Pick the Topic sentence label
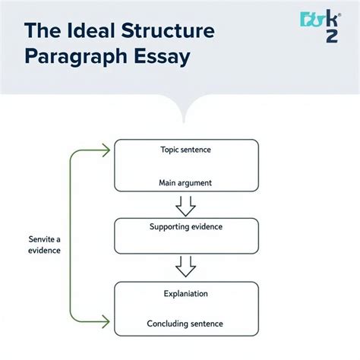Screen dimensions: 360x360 pos(185,150)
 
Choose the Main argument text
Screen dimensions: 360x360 pos(185,183)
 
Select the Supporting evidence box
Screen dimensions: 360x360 pos(186,235)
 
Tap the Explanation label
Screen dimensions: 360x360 pos(185,293)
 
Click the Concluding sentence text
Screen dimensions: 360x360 pos(185,324)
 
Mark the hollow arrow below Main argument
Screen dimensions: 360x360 pos(186,205)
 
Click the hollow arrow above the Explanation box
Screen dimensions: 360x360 pos(186,267)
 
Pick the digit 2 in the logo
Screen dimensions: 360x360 pos(331,36)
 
